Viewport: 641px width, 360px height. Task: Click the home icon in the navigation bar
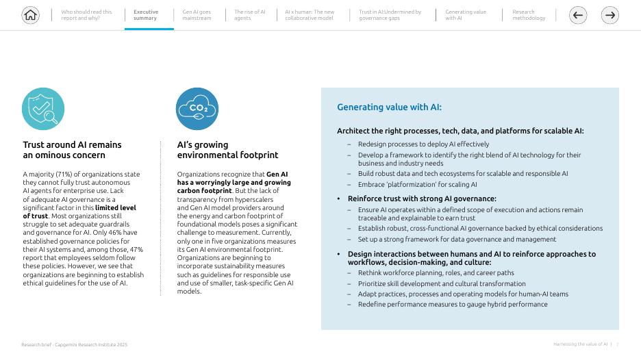31,15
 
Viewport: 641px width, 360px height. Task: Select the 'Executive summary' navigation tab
146,15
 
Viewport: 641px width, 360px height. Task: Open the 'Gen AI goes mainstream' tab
197,15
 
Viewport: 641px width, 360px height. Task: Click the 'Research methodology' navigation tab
529,15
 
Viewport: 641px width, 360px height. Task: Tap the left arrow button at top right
578,15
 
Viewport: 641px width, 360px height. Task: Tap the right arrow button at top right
609,15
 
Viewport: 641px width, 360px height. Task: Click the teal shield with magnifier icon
43,109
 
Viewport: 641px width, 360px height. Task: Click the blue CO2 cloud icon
197,109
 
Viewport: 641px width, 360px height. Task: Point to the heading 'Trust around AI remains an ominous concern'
72,150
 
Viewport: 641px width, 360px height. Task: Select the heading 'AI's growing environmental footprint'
227,150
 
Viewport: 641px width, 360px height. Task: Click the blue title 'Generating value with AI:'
389,107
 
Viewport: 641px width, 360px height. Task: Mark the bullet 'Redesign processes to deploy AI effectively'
423,144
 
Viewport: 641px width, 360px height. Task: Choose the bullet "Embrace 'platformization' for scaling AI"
417,185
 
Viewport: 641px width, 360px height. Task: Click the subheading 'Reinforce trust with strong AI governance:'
422,199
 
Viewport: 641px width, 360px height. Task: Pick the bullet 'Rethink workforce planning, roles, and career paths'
436,273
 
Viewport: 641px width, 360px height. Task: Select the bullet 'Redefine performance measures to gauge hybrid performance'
453,305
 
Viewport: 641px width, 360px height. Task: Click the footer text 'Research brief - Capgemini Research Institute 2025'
74,345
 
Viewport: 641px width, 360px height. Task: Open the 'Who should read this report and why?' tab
86,15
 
